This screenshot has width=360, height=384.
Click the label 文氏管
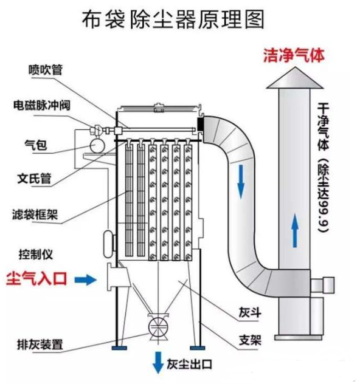(35, 179)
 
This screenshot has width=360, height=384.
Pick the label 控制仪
(35, 252)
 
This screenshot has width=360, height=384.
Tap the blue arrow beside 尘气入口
(86, 279)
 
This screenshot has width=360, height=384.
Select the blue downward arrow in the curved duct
(242, 180)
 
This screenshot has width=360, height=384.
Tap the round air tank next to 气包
(95, 146)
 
